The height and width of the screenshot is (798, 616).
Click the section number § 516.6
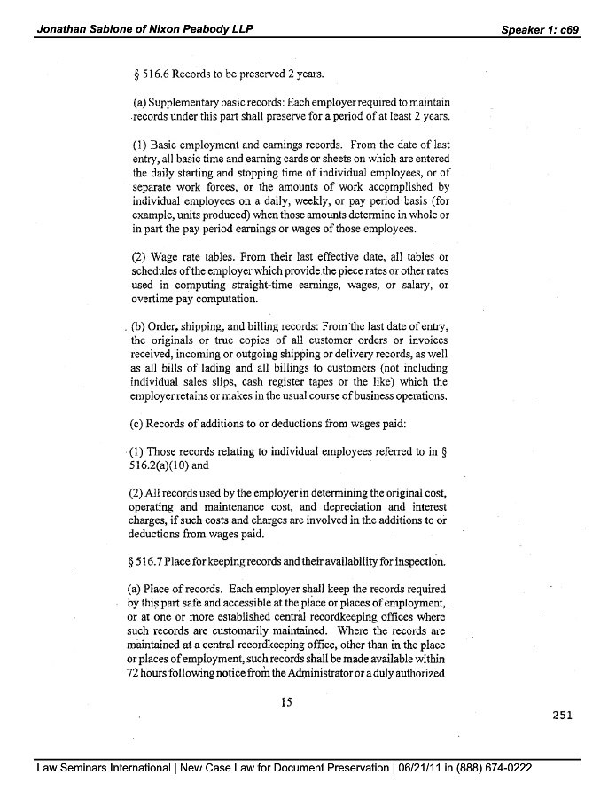(x=150, y=74)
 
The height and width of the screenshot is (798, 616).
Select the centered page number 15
(x=286, y=702)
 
